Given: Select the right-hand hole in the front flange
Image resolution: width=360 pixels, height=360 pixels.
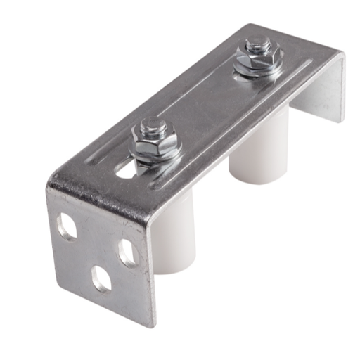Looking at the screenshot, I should [129, 252].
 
